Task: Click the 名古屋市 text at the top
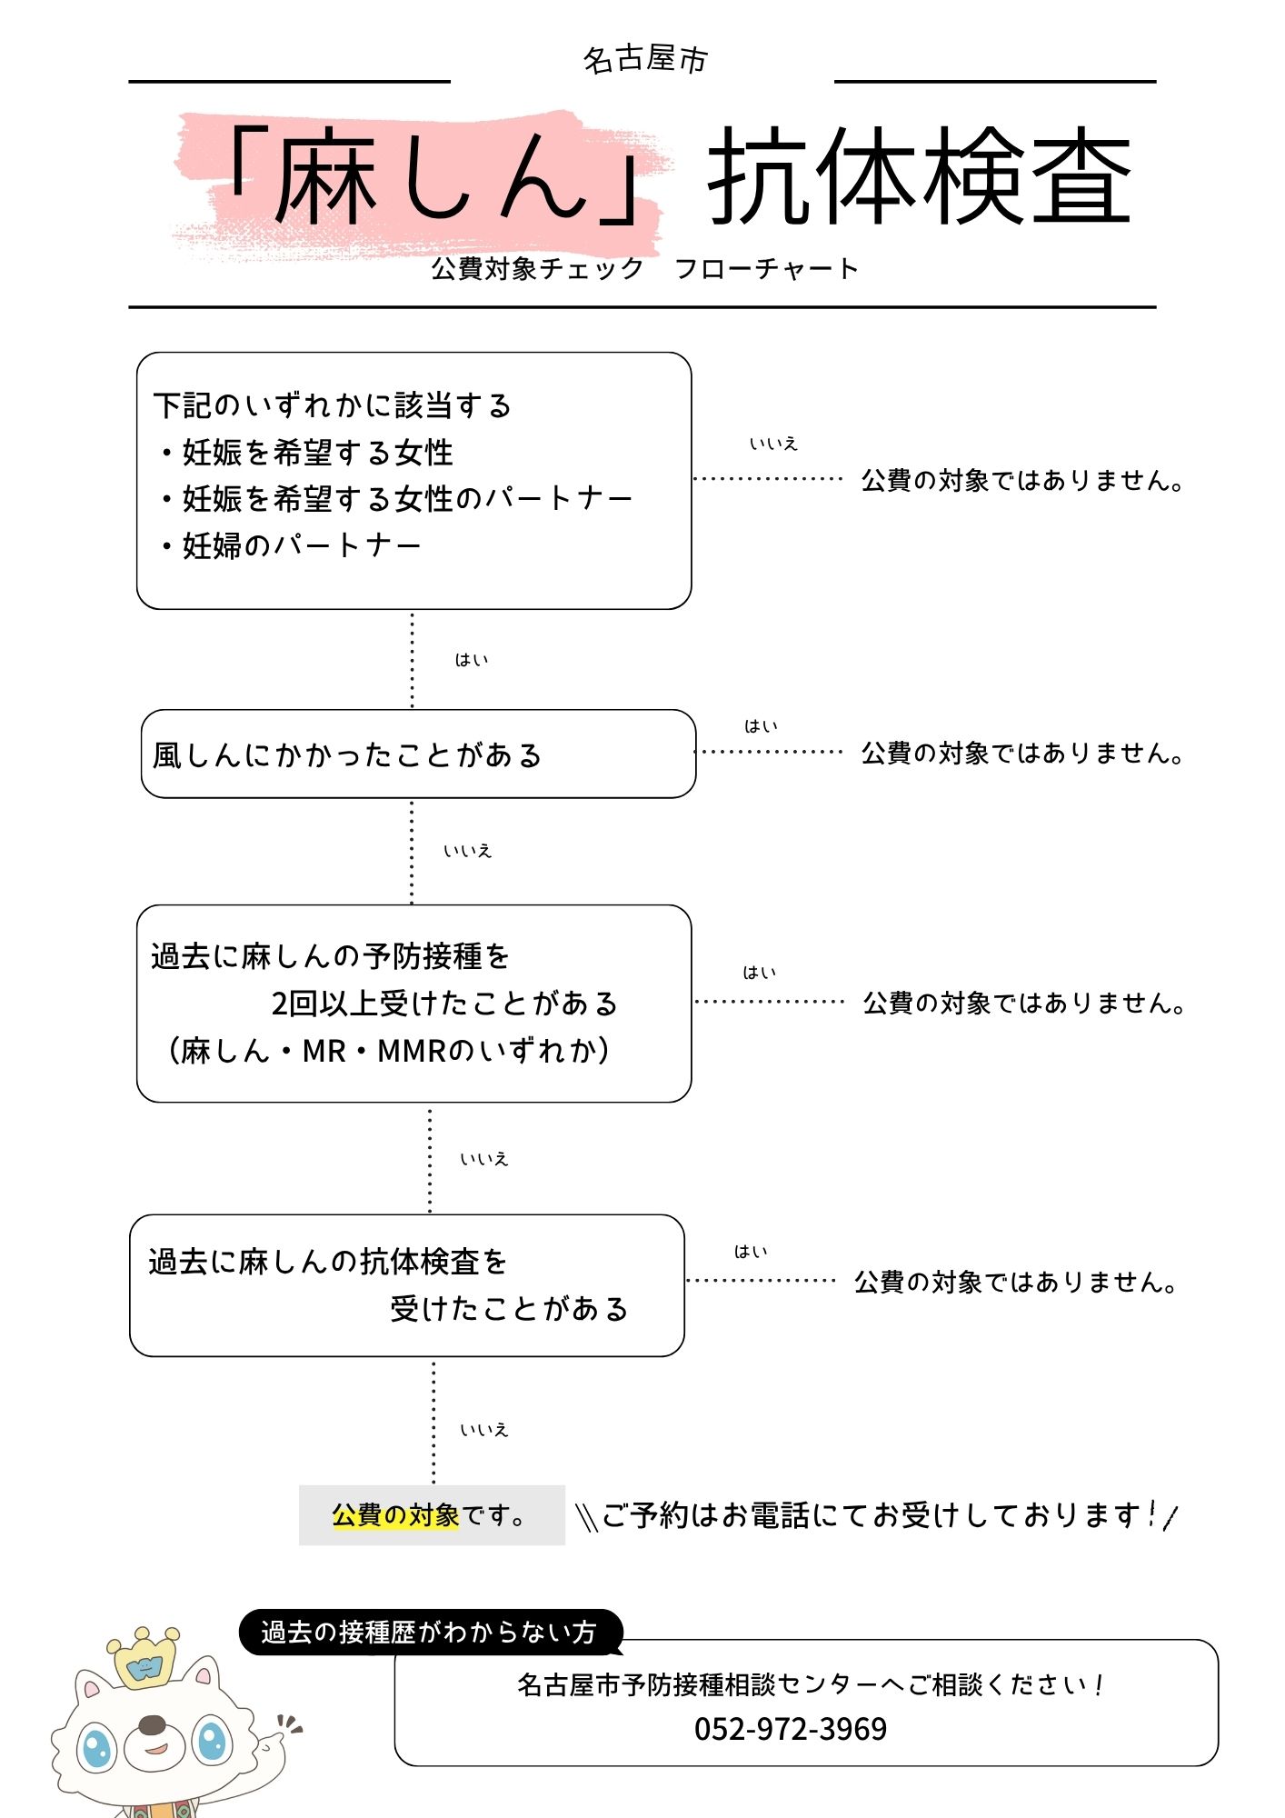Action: [644, 60]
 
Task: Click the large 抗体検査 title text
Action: [919, 176]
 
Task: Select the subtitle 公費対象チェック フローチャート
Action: [644, 269]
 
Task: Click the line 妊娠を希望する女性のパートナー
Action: [405, 498]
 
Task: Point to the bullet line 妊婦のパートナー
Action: [300, 545]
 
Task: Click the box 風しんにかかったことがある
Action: [347, 754]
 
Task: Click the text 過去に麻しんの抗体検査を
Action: [327, 1262]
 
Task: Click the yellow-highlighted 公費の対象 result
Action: [395, 1515]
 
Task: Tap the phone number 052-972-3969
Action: [791, 1728]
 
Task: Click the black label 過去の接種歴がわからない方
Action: [429, 1633]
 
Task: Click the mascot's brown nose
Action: [153, 1724]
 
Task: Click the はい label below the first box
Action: [472, 660]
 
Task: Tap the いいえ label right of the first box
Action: [773, 444]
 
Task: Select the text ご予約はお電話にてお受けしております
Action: [871, 1515]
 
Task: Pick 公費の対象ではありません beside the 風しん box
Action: [1021, 754]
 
